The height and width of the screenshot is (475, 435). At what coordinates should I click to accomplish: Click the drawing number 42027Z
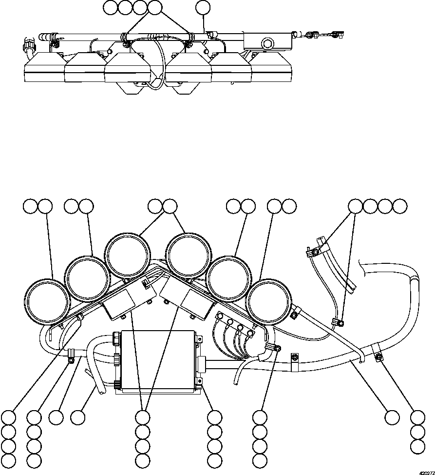tap(427, 473)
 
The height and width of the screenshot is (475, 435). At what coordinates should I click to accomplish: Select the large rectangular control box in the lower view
tap(157, 360)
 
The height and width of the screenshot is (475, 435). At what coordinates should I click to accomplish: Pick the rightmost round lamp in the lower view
tap(268, 302)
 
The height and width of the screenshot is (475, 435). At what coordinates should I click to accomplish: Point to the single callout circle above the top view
tap(203, 8)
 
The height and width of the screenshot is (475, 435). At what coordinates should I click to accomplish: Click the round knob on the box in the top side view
tap(267, 44)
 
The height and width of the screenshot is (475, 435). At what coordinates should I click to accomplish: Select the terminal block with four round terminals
tap(234, 326)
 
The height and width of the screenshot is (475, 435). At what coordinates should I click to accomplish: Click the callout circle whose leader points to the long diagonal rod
tap(393, 417)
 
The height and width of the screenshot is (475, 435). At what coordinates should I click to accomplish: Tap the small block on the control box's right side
tap(201, 363)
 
